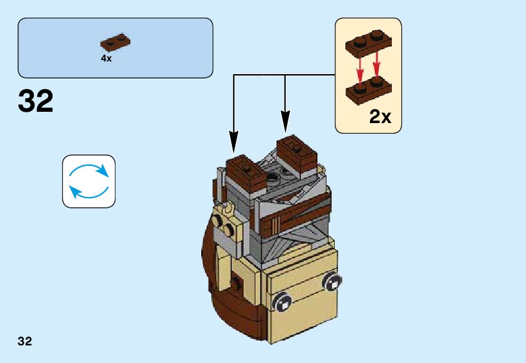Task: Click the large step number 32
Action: click(36, 101)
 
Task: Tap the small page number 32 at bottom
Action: click(25, 342)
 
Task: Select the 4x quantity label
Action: click(106, 58)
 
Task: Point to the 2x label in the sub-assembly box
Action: click(380, 116)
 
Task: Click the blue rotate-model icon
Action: click(89, 181)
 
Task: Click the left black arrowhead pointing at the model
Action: click(234, 141)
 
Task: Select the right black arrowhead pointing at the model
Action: click(285, 121)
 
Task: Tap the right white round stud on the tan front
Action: click(330, 282)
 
